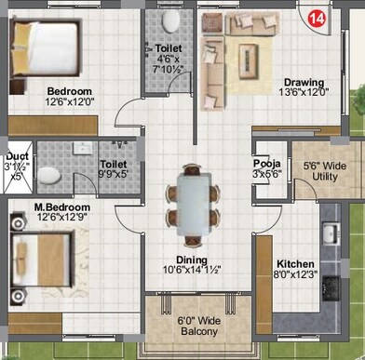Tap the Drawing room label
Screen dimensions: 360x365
tap(304, 81)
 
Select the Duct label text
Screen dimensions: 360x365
tap(16, 156)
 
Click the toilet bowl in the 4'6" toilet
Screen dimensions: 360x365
tap(170, 22)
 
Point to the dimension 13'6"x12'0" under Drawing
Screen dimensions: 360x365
tap(304, 92)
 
